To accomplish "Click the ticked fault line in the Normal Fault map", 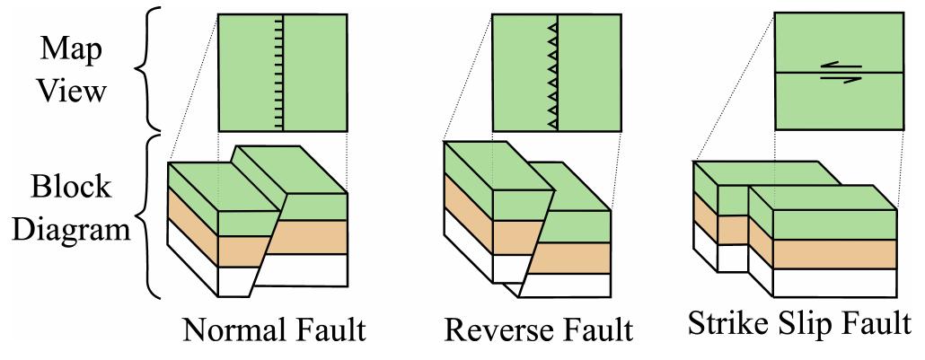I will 284,72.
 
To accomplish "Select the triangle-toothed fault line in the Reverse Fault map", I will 558,72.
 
